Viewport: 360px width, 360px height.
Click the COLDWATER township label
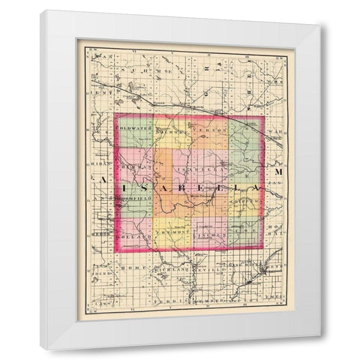[133, 127]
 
